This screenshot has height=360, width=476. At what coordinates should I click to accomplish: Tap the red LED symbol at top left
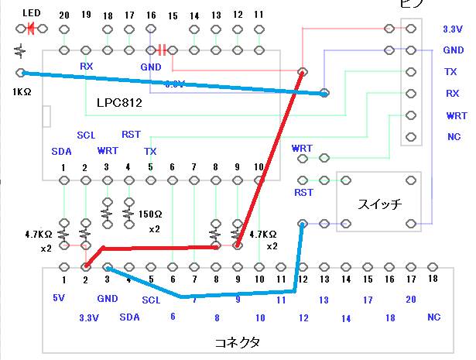pos(32,29)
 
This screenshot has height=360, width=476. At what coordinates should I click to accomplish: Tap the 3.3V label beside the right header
pos(453,29)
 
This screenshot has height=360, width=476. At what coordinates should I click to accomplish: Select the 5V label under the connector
pos(60,298)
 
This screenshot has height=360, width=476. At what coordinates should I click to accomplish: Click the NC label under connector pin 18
pos(434,317)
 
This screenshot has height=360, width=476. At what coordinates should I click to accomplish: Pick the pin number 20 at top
pos(63,15)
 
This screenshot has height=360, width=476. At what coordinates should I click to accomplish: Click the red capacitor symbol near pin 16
pos(162,50)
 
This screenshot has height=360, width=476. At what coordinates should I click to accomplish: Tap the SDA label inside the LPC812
pos(61,151)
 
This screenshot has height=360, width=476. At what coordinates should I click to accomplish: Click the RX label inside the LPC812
pos(87,67)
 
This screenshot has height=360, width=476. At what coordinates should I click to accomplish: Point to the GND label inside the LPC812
pos(150,67)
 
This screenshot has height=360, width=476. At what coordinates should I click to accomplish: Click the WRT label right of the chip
pos(302,148)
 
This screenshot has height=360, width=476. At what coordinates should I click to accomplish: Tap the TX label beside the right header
pos(450,71)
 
